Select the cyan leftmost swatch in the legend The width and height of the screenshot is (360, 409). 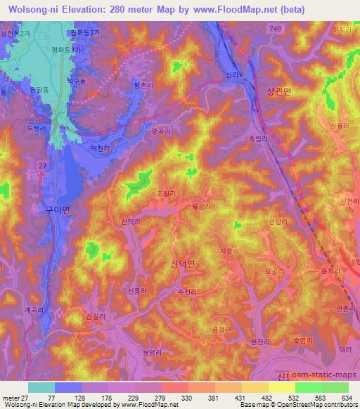pyautogui.click(x=41, y=387)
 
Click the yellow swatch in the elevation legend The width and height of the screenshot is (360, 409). pyautogui.click(x=282, y=387)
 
